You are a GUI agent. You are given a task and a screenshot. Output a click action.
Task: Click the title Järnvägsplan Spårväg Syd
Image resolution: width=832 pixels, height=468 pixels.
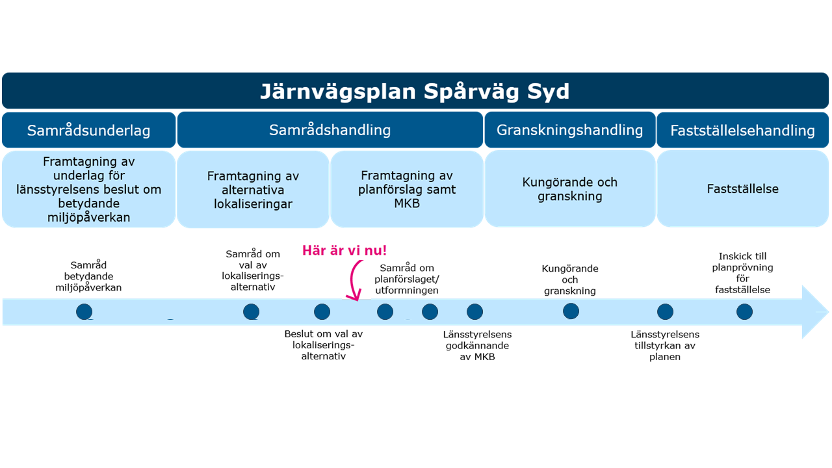coord(415,92)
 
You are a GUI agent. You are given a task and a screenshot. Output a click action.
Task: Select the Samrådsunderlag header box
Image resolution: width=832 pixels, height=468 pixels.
coord(89,130)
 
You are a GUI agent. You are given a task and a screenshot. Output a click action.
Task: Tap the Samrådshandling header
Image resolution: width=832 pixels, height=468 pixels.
coord(330,130)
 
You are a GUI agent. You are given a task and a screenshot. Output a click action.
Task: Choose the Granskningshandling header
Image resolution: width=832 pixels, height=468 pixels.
coord(570,130)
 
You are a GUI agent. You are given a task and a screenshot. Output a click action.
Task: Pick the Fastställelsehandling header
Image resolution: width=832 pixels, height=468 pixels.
coord(742,130)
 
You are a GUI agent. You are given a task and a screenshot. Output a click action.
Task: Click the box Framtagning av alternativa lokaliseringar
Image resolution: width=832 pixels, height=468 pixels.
coord(253,189)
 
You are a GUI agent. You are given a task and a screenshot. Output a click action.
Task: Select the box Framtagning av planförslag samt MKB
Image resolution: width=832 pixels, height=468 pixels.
coord(407,189)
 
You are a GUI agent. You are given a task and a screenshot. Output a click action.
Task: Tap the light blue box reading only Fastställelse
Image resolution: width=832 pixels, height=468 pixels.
coord(742,188)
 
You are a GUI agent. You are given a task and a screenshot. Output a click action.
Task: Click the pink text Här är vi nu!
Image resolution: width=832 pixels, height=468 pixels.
coord(344,250)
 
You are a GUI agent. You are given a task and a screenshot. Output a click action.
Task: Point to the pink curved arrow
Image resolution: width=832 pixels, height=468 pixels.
coord(352,279)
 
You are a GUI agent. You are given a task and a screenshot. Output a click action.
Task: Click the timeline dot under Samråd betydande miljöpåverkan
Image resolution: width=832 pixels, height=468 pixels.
coord(84,311)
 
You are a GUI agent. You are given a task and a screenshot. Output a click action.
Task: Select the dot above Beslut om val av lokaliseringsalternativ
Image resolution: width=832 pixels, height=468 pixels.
coord(322,311)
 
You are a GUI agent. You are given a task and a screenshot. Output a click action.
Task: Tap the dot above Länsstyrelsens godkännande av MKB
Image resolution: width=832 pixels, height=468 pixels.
coord(474,311)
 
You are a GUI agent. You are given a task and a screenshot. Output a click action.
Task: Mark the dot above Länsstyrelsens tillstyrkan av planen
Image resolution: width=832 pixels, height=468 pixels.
coord(665,311)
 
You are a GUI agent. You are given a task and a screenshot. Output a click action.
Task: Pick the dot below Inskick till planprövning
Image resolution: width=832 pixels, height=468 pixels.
coord(744,311)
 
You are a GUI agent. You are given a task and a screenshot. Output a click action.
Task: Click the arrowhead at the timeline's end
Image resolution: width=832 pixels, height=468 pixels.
coord(815,312)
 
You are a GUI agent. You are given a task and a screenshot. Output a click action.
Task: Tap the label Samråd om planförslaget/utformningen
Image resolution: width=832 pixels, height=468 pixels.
coord(407,279)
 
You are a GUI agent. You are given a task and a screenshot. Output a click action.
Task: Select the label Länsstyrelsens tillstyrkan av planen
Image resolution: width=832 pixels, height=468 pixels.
coord(665,345)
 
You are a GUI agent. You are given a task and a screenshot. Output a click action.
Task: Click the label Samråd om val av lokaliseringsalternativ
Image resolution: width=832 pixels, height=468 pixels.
coord(253,270)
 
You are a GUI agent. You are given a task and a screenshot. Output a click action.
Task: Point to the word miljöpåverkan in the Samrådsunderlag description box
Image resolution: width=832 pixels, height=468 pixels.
coord(89,217)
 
